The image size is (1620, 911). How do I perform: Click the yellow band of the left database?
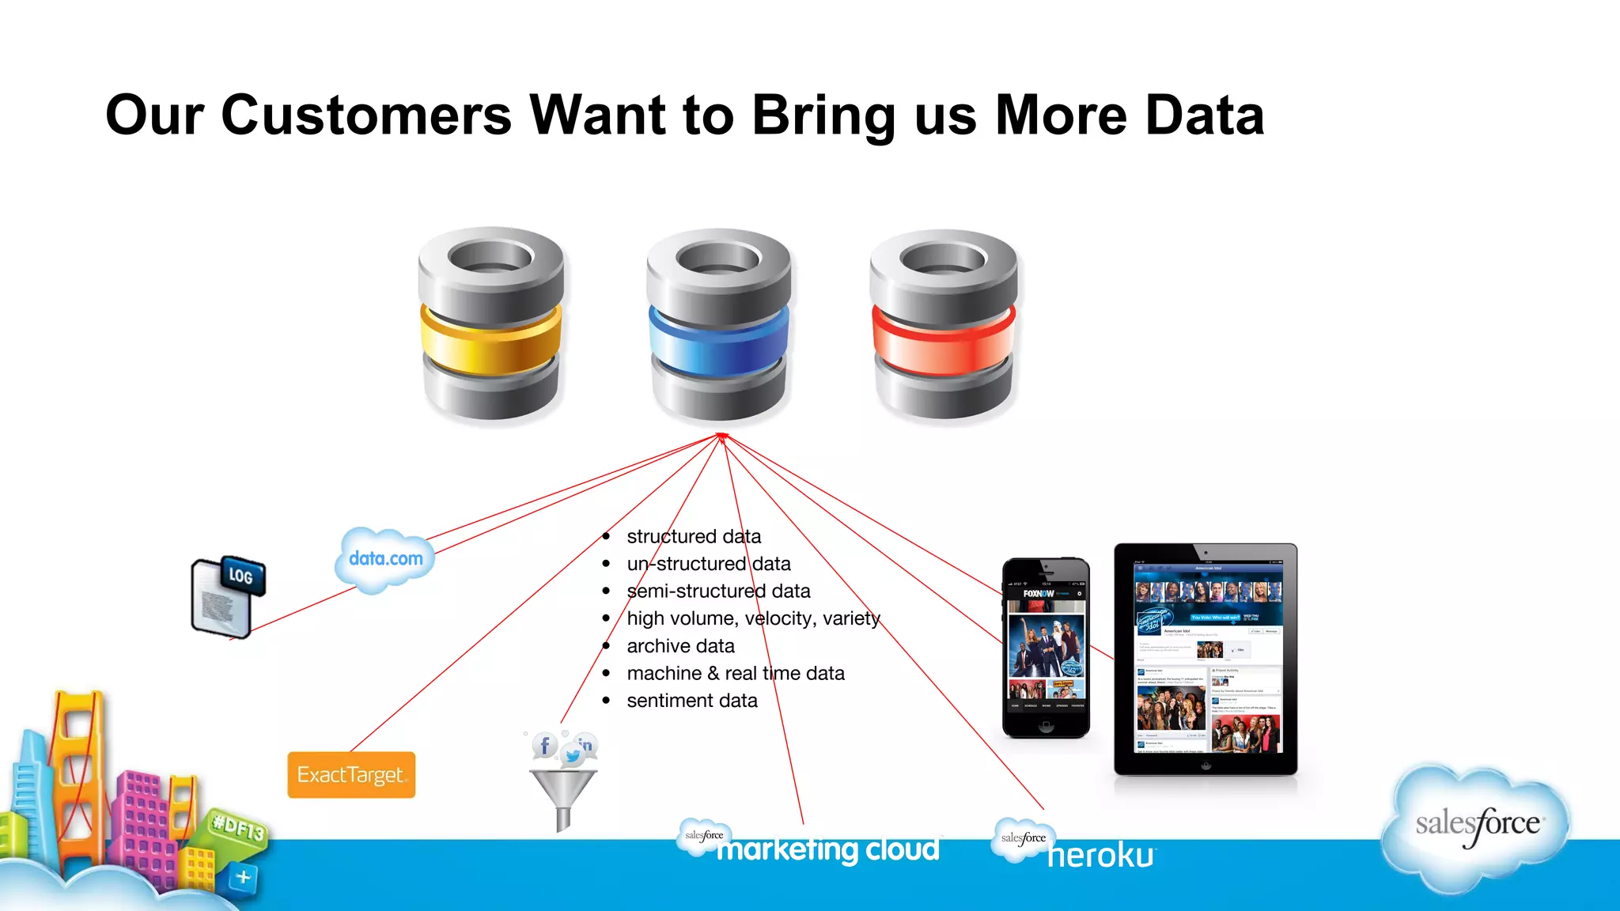pos(491,338)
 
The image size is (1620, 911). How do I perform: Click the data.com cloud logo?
pos(385,559)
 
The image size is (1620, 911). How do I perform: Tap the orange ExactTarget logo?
pos(351,775)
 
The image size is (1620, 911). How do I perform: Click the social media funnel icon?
pos(563,787)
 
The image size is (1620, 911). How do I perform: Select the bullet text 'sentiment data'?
pos(692,701)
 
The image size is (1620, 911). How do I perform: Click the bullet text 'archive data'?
pos(680,646)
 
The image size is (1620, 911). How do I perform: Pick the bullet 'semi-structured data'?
pos(718,592)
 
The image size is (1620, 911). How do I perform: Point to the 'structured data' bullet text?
pos(694,537)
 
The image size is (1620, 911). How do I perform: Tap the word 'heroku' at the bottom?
pos(1100,856)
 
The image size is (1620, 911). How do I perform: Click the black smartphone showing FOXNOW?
pos(1046,648)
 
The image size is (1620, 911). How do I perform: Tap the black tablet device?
pos(1206,659)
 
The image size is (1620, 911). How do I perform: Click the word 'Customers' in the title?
pos(366,115)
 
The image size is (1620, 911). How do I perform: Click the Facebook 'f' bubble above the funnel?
pos(544,745)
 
